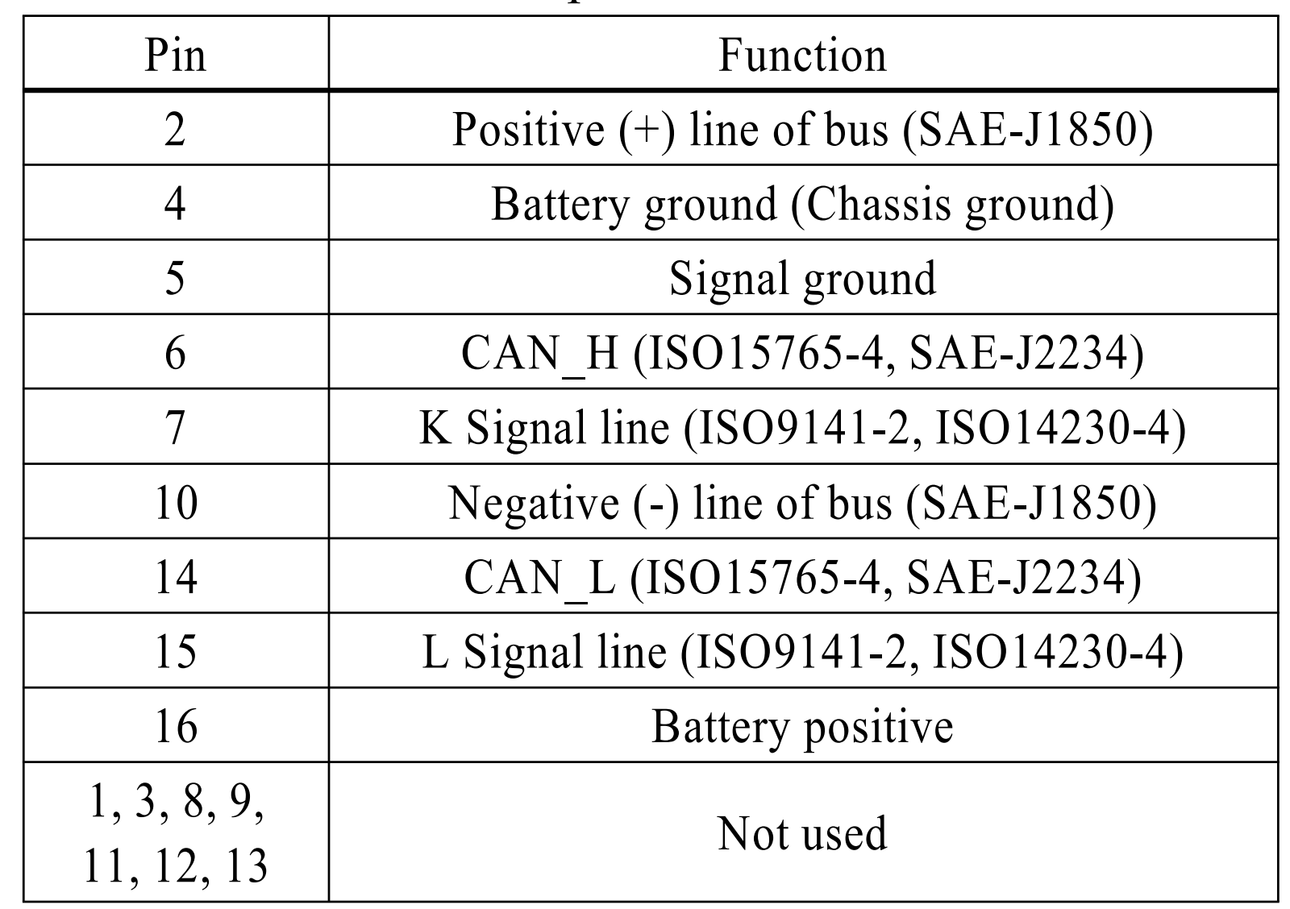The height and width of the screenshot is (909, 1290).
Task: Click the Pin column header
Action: [175, 55]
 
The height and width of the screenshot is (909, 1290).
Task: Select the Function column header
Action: [802, 55]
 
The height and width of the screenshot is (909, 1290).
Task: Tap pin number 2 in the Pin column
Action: [175, 129]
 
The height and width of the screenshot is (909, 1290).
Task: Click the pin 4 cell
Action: [175, 203]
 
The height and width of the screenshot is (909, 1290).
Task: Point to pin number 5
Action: [175, 278]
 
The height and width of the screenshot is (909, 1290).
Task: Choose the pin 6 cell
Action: [175, 353]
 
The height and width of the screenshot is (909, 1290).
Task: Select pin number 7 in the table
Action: [175, 427]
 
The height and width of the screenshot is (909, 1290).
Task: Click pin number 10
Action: [175, 502]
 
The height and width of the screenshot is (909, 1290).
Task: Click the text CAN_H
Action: [539, 353]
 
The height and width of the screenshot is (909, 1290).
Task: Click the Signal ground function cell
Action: [802, 278]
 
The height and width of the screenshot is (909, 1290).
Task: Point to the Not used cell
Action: [802, 832]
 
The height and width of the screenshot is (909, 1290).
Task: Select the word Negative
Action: [533, 502]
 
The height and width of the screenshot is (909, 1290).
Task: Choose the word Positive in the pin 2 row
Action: [528, 129]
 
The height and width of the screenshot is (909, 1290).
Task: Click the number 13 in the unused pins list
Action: [246, 865]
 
